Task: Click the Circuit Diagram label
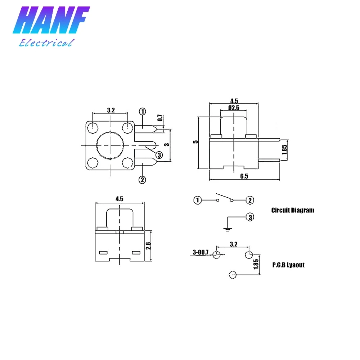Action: (292, 210)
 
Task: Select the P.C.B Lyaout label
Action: (288, 265)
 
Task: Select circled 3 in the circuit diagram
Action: (250, 217)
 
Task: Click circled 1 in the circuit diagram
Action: (197, 201)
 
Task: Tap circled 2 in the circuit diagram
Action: (250, 201)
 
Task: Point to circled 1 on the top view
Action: (143, 112)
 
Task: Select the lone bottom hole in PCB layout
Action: (232, 275)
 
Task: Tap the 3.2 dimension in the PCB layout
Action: (233, 244)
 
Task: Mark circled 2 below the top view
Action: (142, 179)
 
